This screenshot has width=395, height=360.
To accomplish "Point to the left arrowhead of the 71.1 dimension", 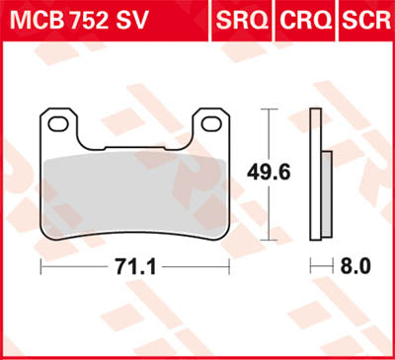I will (42, 267).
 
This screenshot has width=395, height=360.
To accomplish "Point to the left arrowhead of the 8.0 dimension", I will (313, 267).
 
